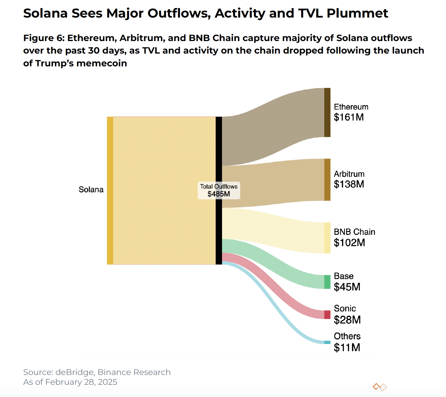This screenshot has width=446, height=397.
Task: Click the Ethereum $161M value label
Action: point(348,117)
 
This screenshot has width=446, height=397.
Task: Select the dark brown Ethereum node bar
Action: point(327,112)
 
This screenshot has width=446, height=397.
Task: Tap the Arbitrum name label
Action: point(349,174)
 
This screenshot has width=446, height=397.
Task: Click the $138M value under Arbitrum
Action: point(349,184)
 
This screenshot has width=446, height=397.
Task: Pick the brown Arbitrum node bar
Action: point(327,180)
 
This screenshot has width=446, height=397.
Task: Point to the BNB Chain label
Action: point(354,232)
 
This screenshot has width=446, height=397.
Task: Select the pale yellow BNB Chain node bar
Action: point(327,238)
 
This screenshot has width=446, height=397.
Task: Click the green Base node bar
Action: point(327,282)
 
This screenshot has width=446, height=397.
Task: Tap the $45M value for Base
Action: point(347,287)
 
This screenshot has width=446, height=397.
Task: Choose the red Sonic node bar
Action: point(327,315)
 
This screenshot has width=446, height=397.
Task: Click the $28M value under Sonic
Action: point(347,320)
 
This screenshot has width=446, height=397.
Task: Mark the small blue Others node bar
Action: point(327,342)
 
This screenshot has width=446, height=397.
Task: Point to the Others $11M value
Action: point(347,348)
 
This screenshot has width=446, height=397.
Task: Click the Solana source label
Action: point(91,190)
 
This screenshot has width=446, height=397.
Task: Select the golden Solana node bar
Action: point(110,190)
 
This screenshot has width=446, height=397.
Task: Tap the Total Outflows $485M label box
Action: point(219,190)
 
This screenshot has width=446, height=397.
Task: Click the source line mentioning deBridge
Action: point(97,372)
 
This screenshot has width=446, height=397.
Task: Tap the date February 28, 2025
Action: point(81,382)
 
